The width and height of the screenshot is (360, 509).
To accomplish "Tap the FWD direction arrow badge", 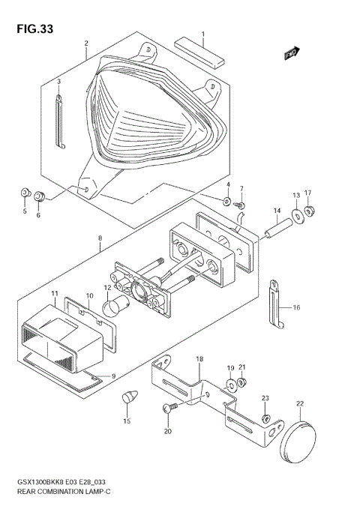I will point(292,53).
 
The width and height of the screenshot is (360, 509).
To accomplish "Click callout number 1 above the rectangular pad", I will point(202,34).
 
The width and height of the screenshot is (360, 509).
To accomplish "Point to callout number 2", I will point(86,43).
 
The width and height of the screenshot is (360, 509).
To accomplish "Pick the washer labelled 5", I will point(25,196).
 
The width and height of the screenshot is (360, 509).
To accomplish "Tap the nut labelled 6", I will point(40,197).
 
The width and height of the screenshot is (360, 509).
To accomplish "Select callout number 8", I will point(99,241).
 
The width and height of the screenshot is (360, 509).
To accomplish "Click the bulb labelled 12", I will point(118,304).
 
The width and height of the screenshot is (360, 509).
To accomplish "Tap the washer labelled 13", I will point(298,216).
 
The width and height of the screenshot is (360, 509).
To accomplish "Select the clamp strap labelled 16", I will point(276,303).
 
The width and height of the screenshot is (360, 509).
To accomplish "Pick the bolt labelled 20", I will point(169,409).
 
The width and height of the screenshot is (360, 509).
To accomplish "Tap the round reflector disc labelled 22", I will point(300,443).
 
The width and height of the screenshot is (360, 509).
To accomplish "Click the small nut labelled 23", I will point(265,418).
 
